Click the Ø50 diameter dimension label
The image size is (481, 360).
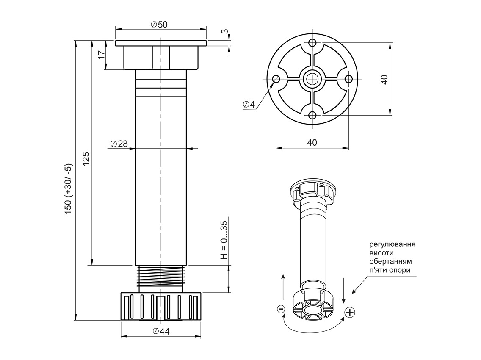[159, 25]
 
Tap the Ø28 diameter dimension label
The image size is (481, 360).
[119, 144]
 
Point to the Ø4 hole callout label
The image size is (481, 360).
[249, 105]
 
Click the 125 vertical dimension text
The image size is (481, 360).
[86, 159]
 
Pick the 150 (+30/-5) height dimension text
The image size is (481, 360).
[69, 188]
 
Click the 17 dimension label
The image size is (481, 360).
[101, 55]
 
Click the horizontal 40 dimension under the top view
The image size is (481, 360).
[312, 143]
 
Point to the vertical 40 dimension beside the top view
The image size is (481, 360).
[384, 79]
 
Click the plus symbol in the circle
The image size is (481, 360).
[350, 313]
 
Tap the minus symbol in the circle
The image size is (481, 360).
[281, 309]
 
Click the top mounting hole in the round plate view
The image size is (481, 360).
[312, 43]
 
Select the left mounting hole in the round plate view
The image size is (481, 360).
[276, 79]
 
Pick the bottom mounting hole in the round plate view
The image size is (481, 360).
[312, 115]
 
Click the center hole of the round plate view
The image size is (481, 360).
[312, 79]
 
